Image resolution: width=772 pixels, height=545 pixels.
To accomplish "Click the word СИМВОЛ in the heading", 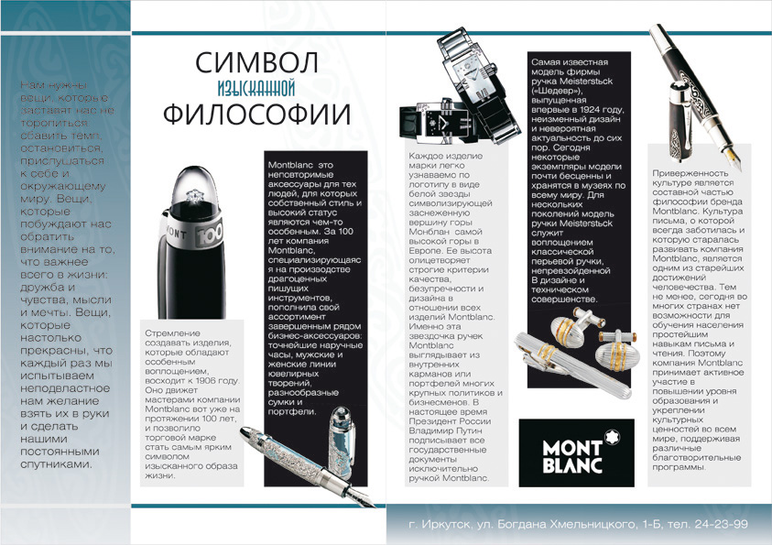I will click(x=257, y=63).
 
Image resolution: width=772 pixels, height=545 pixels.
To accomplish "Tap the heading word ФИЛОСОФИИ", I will click(x=257, y=114).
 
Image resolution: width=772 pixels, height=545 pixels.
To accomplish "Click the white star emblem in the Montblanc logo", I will click(x=573, y=431).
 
